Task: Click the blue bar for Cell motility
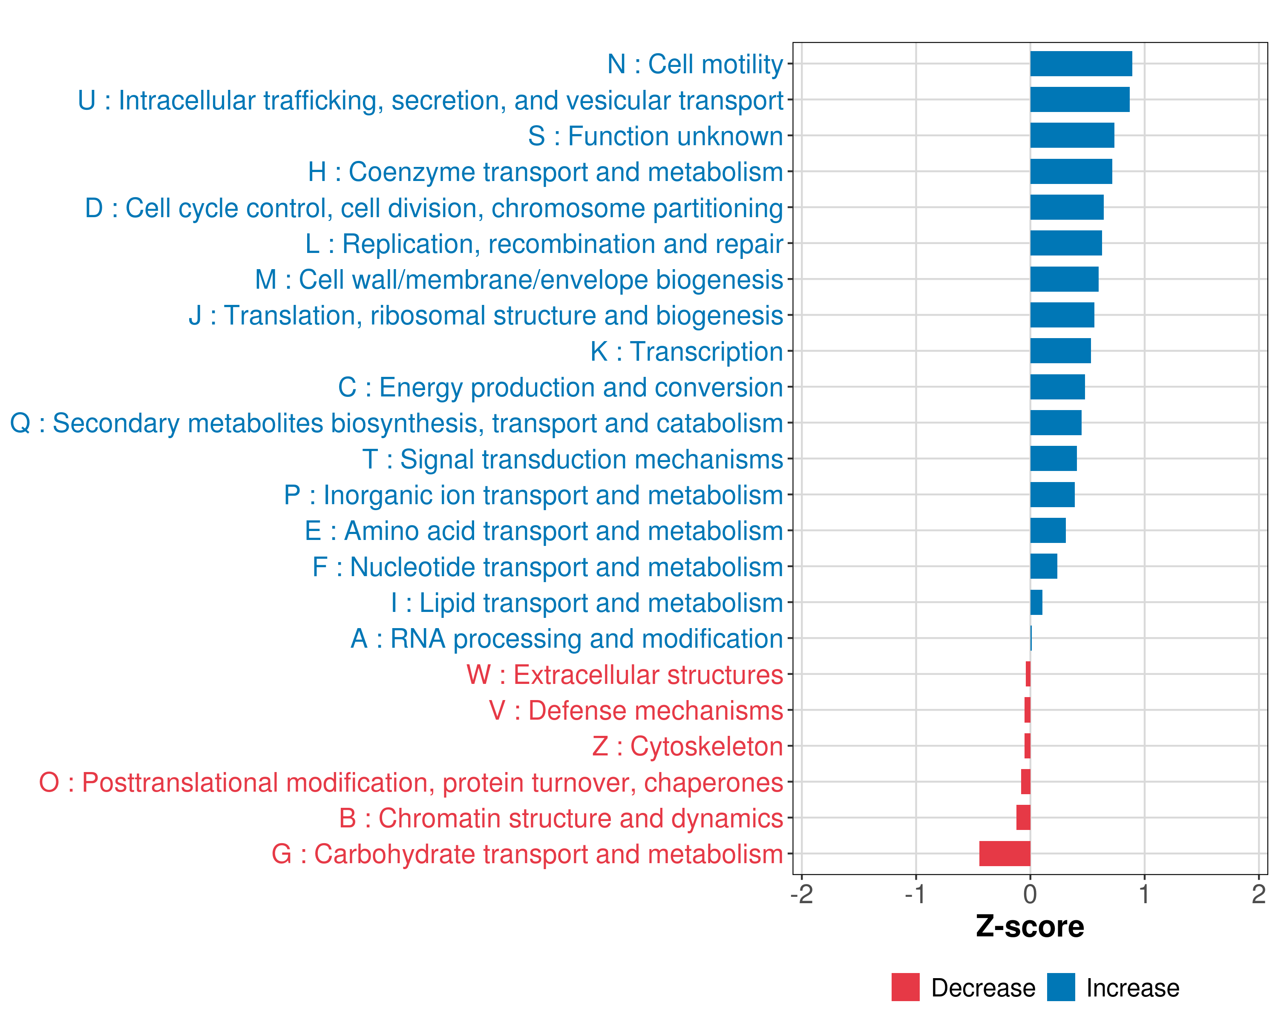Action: coord(1081,64)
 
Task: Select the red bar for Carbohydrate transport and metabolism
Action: coord(1005,854)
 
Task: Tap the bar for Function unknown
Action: coord(1072,136)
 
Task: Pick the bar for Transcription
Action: coord(1060,351)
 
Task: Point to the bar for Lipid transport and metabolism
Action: coord(1036,603)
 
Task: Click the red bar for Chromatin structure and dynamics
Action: coord(1023,818)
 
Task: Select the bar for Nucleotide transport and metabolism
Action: coord(1043,566)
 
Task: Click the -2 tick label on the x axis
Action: coord(801,894)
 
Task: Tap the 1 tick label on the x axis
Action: coord(1144,894)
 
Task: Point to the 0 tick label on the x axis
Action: coord(1030,894)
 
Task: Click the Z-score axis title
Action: coord(1030,927)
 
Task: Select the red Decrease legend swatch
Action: coord(905,987)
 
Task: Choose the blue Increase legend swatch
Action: coord(1060,987)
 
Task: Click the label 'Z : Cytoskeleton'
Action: coord(688,746)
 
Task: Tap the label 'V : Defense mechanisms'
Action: coord(636,710)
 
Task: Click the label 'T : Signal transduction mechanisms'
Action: coord(573,459)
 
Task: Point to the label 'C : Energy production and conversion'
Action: coord(561,388)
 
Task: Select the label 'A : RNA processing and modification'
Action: coord(567,639)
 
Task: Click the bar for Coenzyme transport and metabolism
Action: coord(1071,172)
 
